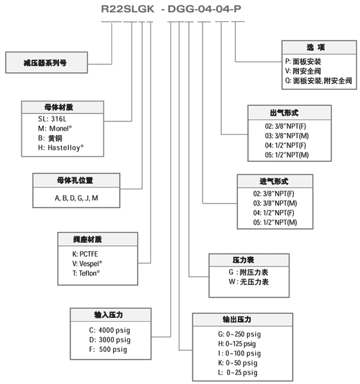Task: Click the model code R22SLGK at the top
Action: tap(127, 9)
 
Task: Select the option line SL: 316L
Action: tap(52, 119)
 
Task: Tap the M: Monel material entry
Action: tap(55, 128)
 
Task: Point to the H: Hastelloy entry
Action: tap(61, 148)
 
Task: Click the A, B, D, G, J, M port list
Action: tap(76, 198)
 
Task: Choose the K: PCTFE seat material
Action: tap(85, 254)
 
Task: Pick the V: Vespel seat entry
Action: tap(87, 263)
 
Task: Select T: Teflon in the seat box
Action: tap(86, 273)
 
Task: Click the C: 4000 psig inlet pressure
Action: tap(109, 330)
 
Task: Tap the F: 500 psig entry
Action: tap(108, 349)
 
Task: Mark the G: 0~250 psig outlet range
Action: tap(239, 335)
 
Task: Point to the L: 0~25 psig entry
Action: tap(238, 372)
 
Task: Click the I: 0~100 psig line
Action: tap(239, 353)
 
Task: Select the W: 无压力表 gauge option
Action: tap(249, 282)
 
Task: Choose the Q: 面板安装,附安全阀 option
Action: tap(319, 80)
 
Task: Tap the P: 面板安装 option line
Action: tap(303, 62)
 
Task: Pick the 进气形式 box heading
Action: tap(274, 181)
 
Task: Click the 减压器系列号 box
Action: tap(46, 63)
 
